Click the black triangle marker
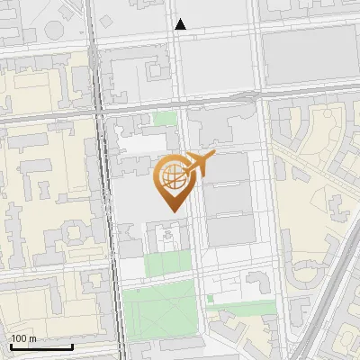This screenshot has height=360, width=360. (x=181, y=24)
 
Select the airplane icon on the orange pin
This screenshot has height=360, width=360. (x=196, y=166)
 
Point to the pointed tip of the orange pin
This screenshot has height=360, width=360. (x=172, y=211)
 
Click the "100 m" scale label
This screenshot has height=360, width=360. (x=23, y=338)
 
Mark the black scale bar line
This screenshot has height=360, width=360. (x=41, y=346)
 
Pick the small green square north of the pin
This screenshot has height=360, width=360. (x=165, y=118)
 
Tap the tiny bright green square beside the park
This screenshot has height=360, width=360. (x=210, y=298)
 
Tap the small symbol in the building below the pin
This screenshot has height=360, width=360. (x=166, y=236)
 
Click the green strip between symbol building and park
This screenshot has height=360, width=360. (x=167, y=263)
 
